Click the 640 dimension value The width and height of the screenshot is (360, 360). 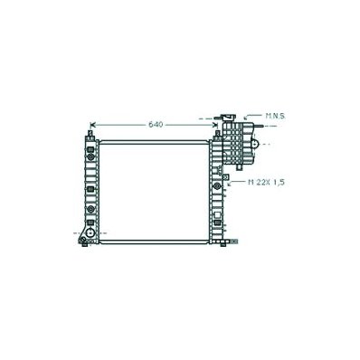pos(156,125)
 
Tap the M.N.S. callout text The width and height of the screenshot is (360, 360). pos(275,116)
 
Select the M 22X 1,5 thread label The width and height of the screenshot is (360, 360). pos(266,182)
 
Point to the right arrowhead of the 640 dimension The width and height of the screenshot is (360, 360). pos(215,125)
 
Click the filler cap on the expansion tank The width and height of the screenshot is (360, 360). pos(229,117)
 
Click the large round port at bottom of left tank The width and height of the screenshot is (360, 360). pos(90,232)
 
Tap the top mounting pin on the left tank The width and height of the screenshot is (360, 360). pos(90,133)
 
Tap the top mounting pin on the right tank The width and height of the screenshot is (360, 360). pos(217,133)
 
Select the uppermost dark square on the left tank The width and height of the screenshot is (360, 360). pos(90,149)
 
